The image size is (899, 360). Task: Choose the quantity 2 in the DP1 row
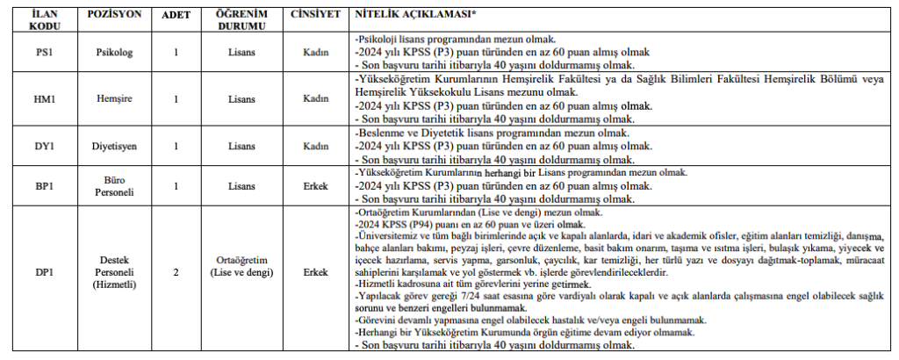(x=176, y=272)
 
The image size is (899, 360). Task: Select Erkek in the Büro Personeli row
(x=315, y=186)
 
